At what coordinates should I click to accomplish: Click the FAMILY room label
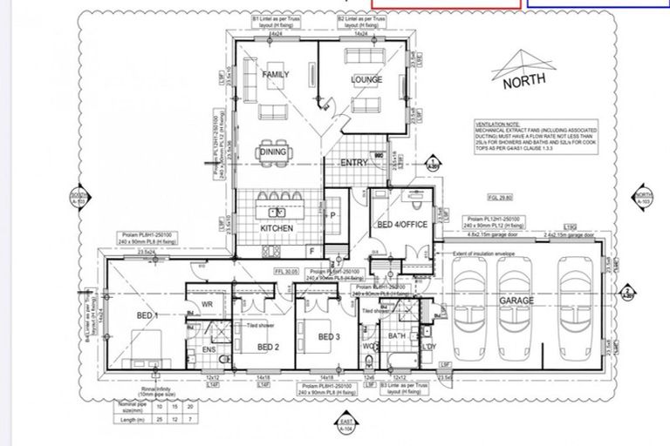click(x=276, y=75)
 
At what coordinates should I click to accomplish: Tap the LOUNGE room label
click(x=366, y=80)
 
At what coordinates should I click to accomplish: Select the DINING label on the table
click(x=273, y=152)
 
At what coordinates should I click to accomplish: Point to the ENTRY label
click(x=354, y=163)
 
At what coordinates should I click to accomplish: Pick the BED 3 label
click(x=328, y=337)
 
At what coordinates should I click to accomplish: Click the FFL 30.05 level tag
click(x=289, y=271)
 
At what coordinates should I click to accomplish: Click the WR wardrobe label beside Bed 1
click(x=208, y=305)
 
